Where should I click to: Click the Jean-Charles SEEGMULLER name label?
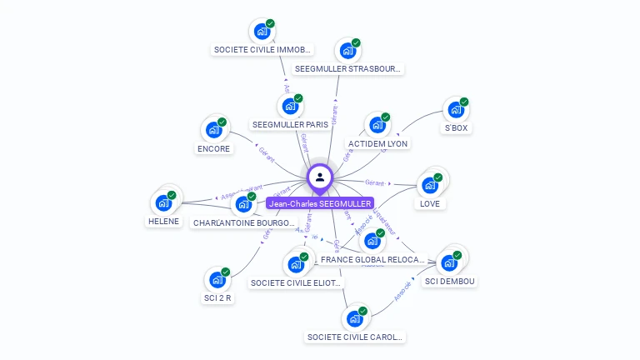[320, 203]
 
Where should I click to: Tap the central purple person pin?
[320, 177]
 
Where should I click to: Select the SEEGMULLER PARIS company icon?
[289, 107]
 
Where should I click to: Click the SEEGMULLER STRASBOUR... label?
[347, 68]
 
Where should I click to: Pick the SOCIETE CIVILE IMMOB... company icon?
[262, 32]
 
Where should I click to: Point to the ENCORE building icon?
[213, 130]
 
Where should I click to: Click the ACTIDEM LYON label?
[377, 143]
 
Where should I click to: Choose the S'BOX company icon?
[455, 110]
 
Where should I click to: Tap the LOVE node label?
[430, 203]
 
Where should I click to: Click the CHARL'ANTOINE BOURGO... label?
[243, 223]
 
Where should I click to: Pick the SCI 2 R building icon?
[217, 280]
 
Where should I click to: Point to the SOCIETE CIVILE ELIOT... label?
[296, 283]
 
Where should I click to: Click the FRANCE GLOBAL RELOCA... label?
[372, 260]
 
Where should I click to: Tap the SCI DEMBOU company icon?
[449, 262]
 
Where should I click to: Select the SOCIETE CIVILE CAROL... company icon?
[355, 319]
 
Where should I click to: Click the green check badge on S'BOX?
[464, 102]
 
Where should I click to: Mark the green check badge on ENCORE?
[222, 122]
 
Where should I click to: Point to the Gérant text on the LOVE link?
[375, 182]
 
